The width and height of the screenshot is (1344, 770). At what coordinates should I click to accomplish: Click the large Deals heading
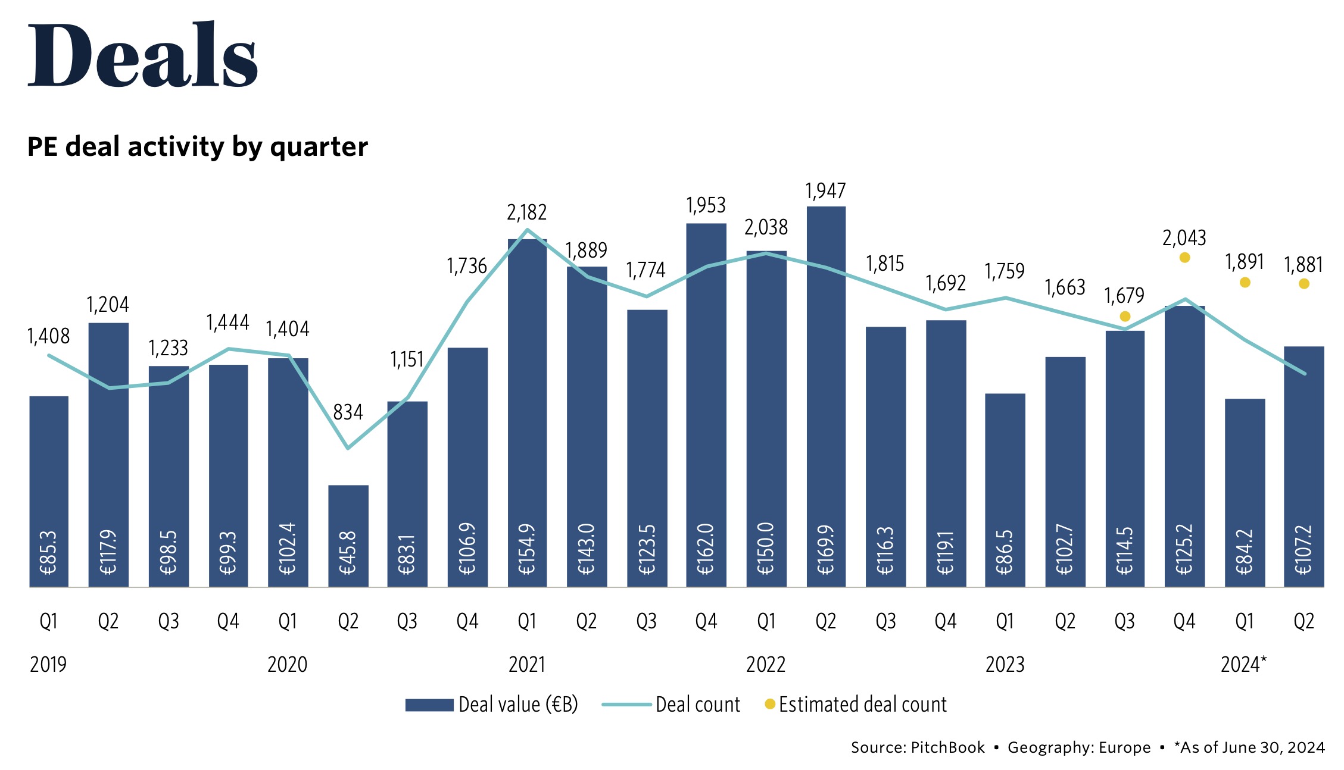click(143, 55)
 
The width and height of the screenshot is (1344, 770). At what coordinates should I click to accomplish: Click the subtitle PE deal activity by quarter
click(198, 147)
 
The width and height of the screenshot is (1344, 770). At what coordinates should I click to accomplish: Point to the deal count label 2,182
click(526, 212)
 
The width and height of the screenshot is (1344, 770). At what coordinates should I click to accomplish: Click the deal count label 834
click(348, 412)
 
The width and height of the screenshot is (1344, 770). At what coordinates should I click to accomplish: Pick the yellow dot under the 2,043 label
click(1184, 258)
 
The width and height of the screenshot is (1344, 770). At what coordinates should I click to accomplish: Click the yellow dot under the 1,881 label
click(1304, 284)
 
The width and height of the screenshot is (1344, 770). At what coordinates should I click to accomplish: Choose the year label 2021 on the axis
click(527, 664)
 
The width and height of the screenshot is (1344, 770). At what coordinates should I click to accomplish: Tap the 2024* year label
click(1243, 664)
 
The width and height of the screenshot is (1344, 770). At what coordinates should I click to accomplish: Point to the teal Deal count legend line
click(626, 705)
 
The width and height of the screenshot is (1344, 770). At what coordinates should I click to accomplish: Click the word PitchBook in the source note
click(947, 747)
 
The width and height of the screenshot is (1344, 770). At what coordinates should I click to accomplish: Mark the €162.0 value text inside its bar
click(706, 549)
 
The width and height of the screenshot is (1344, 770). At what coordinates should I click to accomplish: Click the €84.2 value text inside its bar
click(1245, 552)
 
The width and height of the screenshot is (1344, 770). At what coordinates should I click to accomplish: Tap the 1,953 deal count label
click(706, 205)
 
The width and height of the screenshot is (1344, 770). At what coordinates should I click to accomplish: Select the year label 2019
click(48, 664)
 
